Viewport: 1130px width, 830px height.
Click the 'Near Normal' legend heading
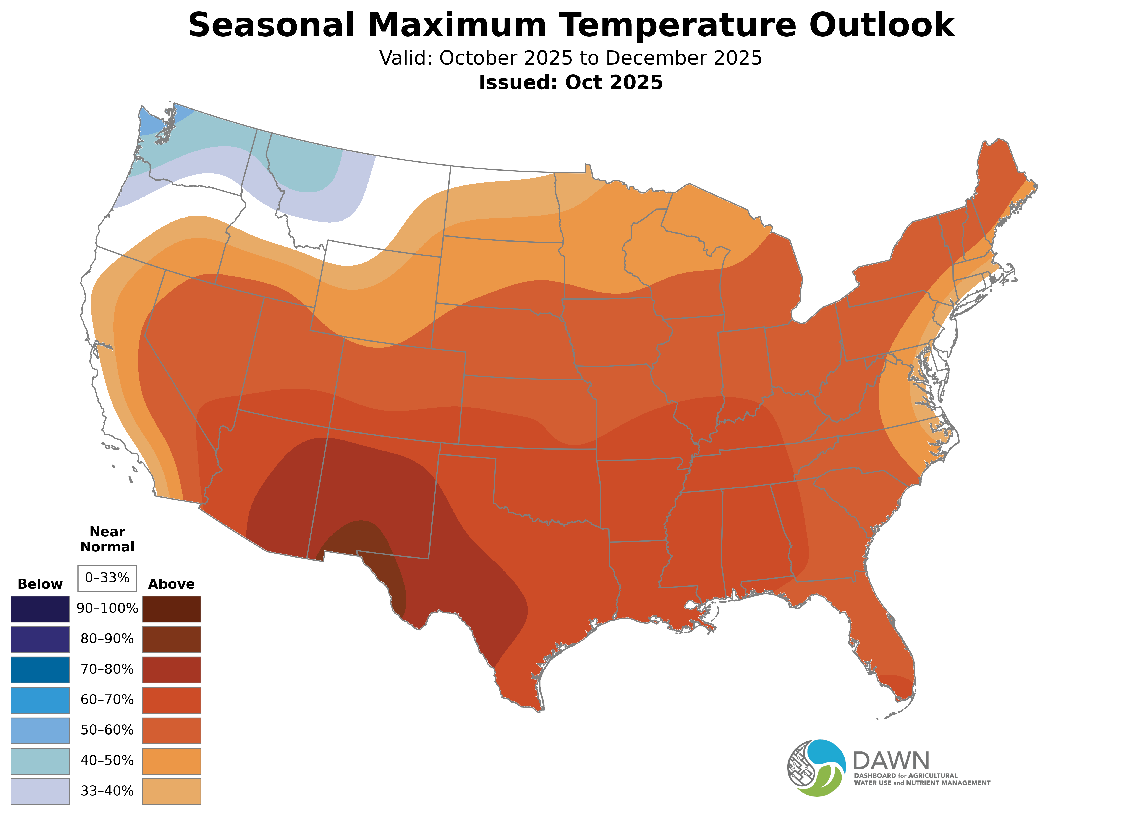(x=107, y=539)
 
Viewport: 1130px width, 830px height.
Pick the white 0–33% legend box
(x=107, y=578)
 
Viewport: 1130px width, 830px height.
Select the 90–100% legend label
(x=107, y=608)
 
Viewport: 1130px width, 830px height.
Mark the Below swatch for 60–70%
(x=40, y=700)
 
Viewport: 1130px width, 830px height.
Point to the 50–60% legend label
(x=107, y=730)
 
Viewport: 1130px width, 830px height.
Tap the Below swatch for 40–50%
(x=40, y=761)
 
